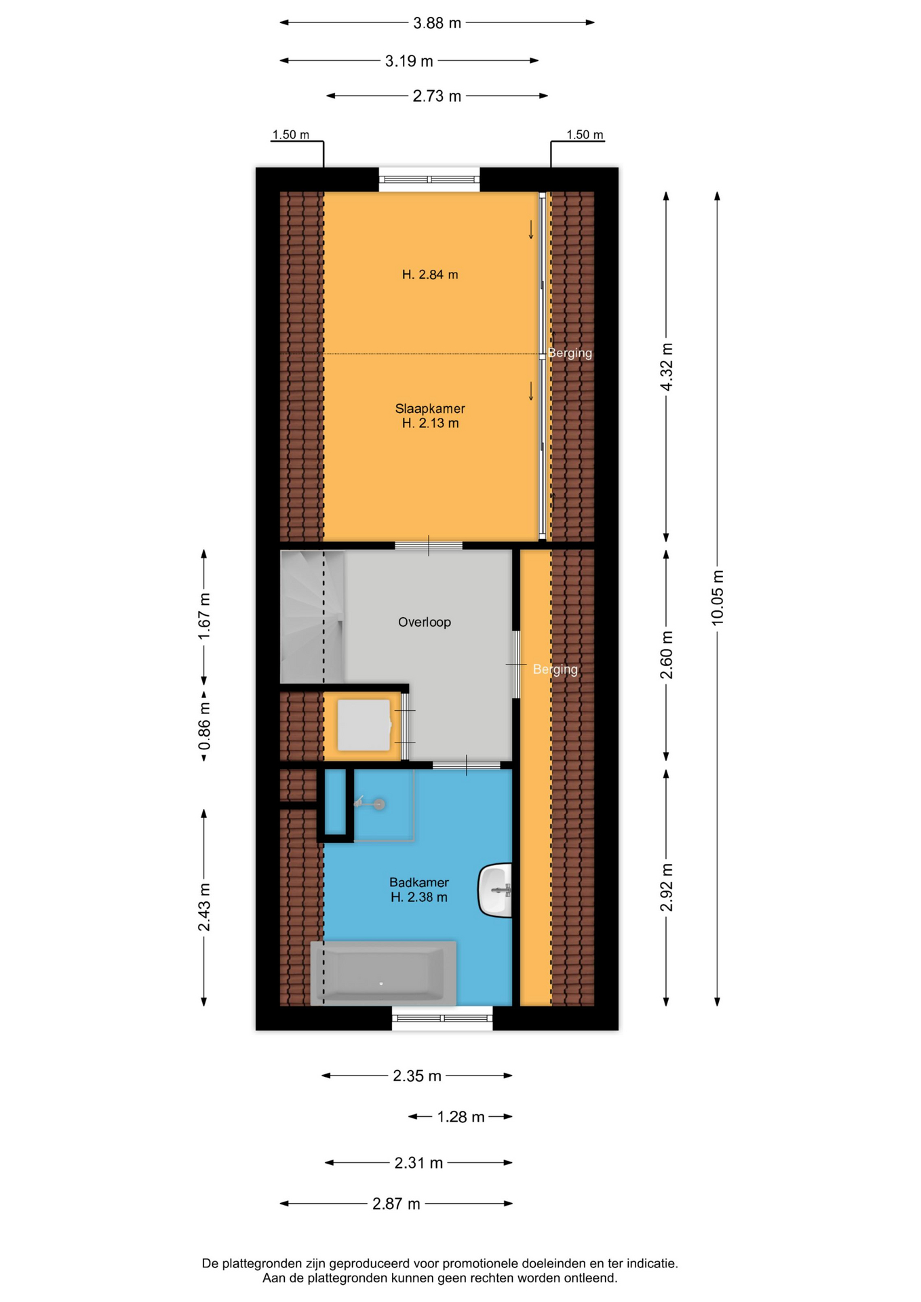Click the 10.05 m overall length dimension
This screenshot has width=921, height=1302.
click(x=717, y=597)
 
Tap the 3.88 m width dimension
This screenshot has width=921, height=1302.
click(x=437, y=23)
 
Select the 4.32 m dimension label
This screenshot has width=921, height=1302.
click(x=666, y=367)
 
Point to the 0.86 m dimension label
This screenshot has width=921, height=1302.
click(x=204, y=726)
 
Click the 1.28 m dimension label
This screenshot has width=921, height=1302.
click(x=460, y=1117)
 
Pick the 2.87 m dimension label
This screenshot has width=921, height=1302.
click(x=396, y=1204)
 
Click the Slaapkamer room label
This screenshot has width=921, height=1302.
click(x=430, y=408)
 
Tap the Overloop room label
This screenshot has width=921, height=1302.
click(x=425, y=622)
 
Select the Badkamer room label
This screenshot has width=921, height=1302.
click(x=419, y=882)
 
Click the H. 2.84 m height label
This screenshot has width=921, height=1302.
click(x=430, y=275)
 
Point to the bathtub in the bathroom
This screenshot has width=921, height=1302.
click(x=383, y=973)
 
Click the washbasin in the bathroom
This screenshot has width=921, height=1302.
click(x=495, y=890)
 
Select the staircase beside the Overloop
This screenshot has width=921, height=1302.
click(x=312, y=616)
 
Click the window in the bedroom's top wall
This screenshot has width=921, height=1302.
click(x=429, y=180)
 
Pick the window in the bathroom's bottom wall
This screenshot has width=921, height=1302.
click(x=442, y=1018)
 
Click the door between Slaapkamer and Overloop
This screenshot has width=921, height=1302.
click(x=429, y=545)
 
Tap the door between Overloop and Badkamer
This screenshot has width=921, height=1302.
click(x=467, y=765)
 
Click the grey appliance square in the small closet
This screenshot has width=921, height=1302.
click(x=364, y=725)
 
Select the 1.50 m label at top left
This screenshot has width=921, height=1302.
click(x=290, y=134)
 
